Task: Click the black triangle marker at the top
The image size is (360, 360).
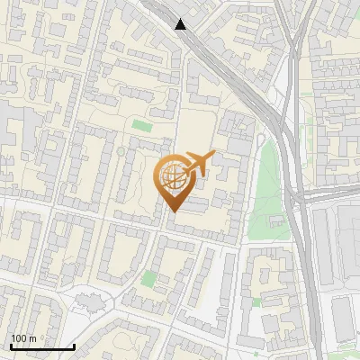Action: (x=181, y=24)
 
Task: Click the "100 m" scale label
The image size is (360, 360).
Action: (x=23, y=338)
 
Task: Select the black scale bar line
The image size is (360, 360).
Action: (x=42, y=346)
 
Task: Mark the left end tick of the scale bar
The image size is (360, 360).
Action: (x=11, y=345)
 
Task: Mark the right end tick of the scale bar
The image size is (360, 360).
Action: (x=74, y=345)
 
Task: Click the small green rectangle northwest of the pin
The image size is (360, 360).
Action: (x=141, y=125)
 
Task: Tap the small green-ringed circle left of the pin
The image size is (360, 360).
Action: (x=120, y=152)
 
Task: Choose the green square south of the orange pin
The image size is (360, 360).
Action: (x=148, y=280)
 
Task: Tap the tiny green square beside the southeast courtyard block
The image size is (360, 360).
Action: (x=256, y=302)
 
